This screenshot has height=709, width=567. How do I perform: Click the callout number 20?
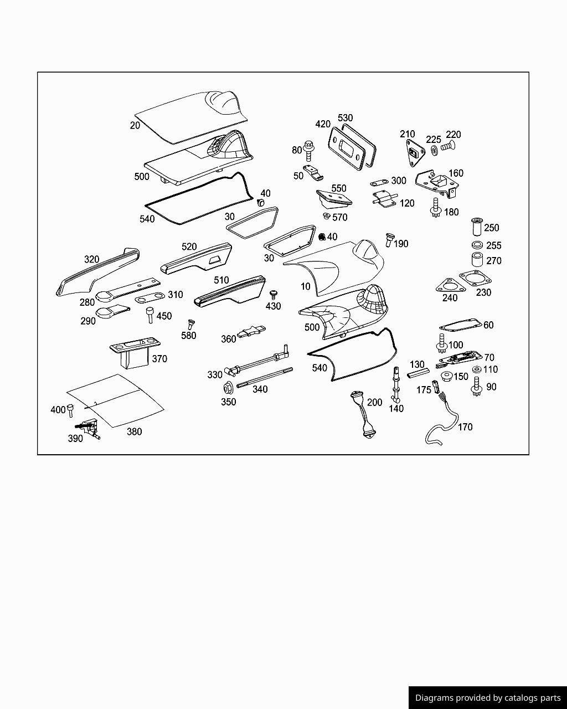tap(135, 126)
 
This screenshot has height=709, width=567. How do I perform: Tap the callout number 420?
tap(323, 124)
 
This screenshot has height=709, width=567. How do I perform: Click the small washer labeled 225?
tap(433, 151)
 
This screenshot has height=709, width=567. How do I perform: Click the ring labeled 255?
tap(477, 245)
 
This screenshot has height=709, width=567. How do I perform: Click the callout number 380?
tap(134, 432)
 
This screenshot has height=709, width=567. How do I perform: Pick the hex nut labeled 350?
tap(227, 388)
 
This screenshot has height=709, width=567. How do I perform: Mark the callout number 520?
tap(189, 246)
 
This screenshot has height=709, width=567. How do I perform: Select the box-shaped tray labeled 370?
tap(131, 354)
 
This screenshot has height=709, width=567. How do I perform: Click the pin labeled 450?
tap(150, 316)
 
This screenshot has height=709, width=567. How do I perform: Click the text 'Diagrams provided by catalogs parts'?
tap(488, 698)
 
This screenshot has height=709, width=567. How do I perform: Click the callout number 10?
tap(306, 286)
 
